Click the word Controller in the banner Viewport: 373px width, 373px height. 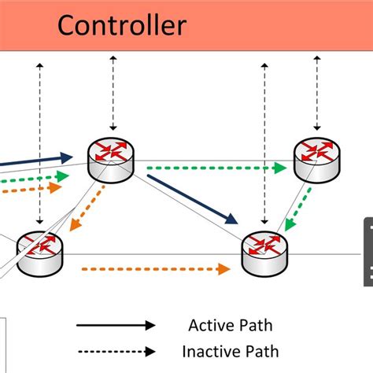121,25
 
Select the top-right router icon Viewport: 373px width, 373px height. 316,157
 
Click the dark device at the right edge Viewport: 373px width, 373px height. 367,252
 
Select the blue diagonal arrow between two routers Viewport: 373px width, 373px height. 192,199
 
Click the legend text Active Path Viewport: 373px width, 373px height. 225,325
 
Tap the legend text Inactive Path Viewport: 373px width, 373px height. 230,351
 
